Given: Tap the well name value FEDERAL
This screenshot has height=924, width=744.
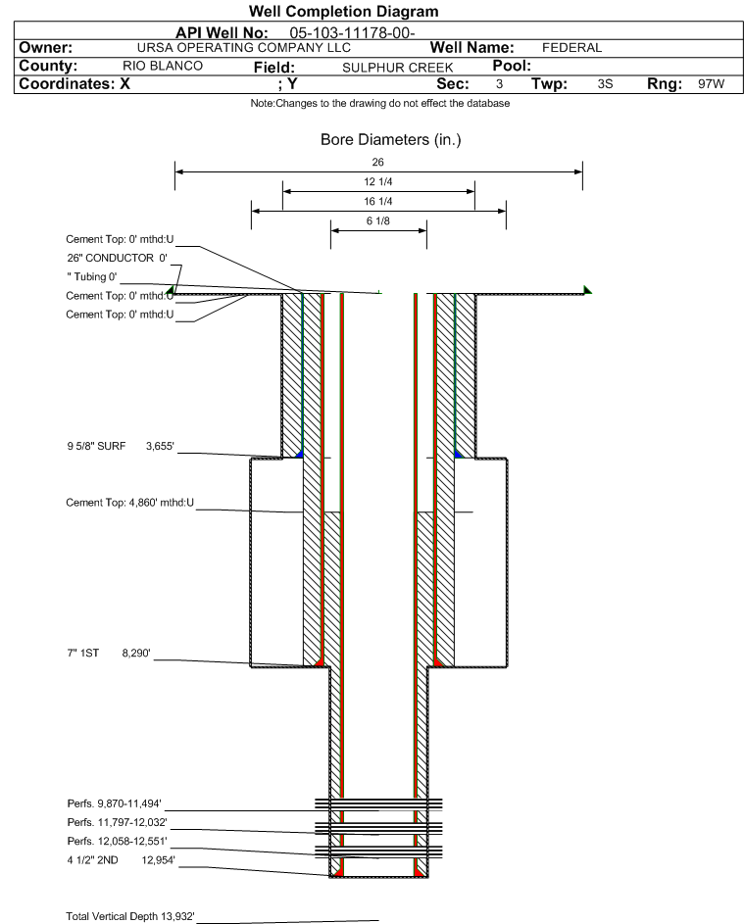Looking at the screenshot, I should pos(571,47).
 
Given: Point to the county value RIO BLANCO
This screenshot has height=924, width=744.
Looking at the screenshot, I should pos(163,66).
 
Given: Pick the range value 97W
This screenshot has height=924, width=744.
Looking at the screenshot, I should pos(711,84).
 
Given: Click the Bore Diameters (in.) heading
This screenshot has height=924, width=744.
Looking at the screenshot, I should pos(390,140).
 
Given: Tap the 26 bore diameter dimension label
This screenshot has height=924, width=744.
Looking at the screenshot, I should pos(378,162).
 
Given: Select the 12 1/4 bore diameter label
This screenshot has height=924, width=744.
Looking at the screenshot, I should pos(378,182).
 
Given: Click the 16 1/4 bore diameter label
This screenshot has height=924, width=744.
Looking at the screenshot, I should pos(378,201).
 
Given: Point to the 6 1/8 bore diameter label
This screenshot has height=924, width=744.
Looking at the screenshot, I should pos(378,221).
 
